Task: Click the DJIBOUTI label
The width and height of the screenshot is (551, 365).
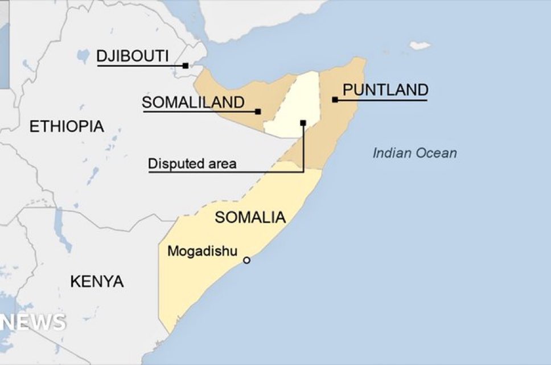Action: (x=133, y=56)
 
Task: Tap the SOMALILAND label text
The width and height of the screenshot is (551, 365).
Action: (x=193, y=102)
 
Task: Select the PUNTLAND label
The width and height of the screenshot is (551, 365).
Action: (x=385, y=89)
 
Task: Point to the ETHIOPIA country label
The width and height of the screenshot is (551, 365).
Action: (x=67, y=126)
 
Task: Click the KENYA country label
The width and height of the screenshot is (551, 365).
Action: (x=97, y=281)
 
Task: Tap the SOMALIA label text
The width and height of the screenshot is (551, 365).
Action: (x=249, y=217)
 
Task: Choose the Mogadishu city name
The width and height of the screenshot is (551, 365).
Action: (x=202, y=252)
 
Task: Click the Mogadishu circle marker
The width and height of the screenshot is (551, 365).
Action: (x=246, y=260)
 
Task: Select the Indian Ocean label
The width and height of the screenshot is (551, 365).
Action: (x=414, y=153)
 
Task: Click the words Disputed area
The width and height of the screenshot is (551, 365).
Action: (x=192, y=165)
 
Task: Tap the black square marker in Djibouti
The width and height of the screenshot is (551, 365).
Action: (x=186, y=66)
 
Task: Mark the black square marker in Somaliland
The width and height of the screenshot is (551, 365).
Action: (x=258, y=112)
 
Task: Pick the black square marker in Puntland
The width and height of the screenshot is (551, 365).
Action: (x=335, y=100)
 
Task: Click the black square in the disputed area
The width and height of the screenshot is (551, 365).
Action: (x=303, y=122)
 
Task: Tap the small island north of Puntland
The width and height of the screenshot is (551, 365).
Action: (x=420, y=45)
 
